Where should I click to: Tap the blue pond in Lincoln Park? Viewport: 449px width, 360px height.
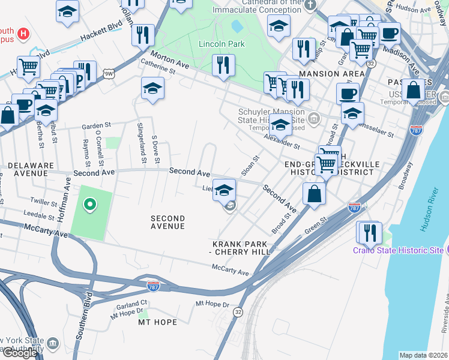click(237, 26)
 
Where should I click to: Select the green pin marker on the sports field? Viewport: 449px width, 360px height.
click(90, 205)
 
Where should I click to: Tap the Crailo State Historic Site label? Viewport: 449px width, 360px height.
click(398, 250)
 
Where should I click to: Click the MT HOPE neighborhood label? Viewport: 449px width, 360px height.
click(157, 322)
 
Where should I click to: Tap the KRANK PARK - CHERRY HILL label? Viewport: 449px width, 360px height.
click(241, 248)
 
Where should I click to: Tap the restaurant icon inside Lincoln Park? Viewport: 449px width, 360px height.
click(223, 65)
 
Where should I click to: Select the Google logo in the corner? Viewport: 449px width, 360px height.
click(20, 352)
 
